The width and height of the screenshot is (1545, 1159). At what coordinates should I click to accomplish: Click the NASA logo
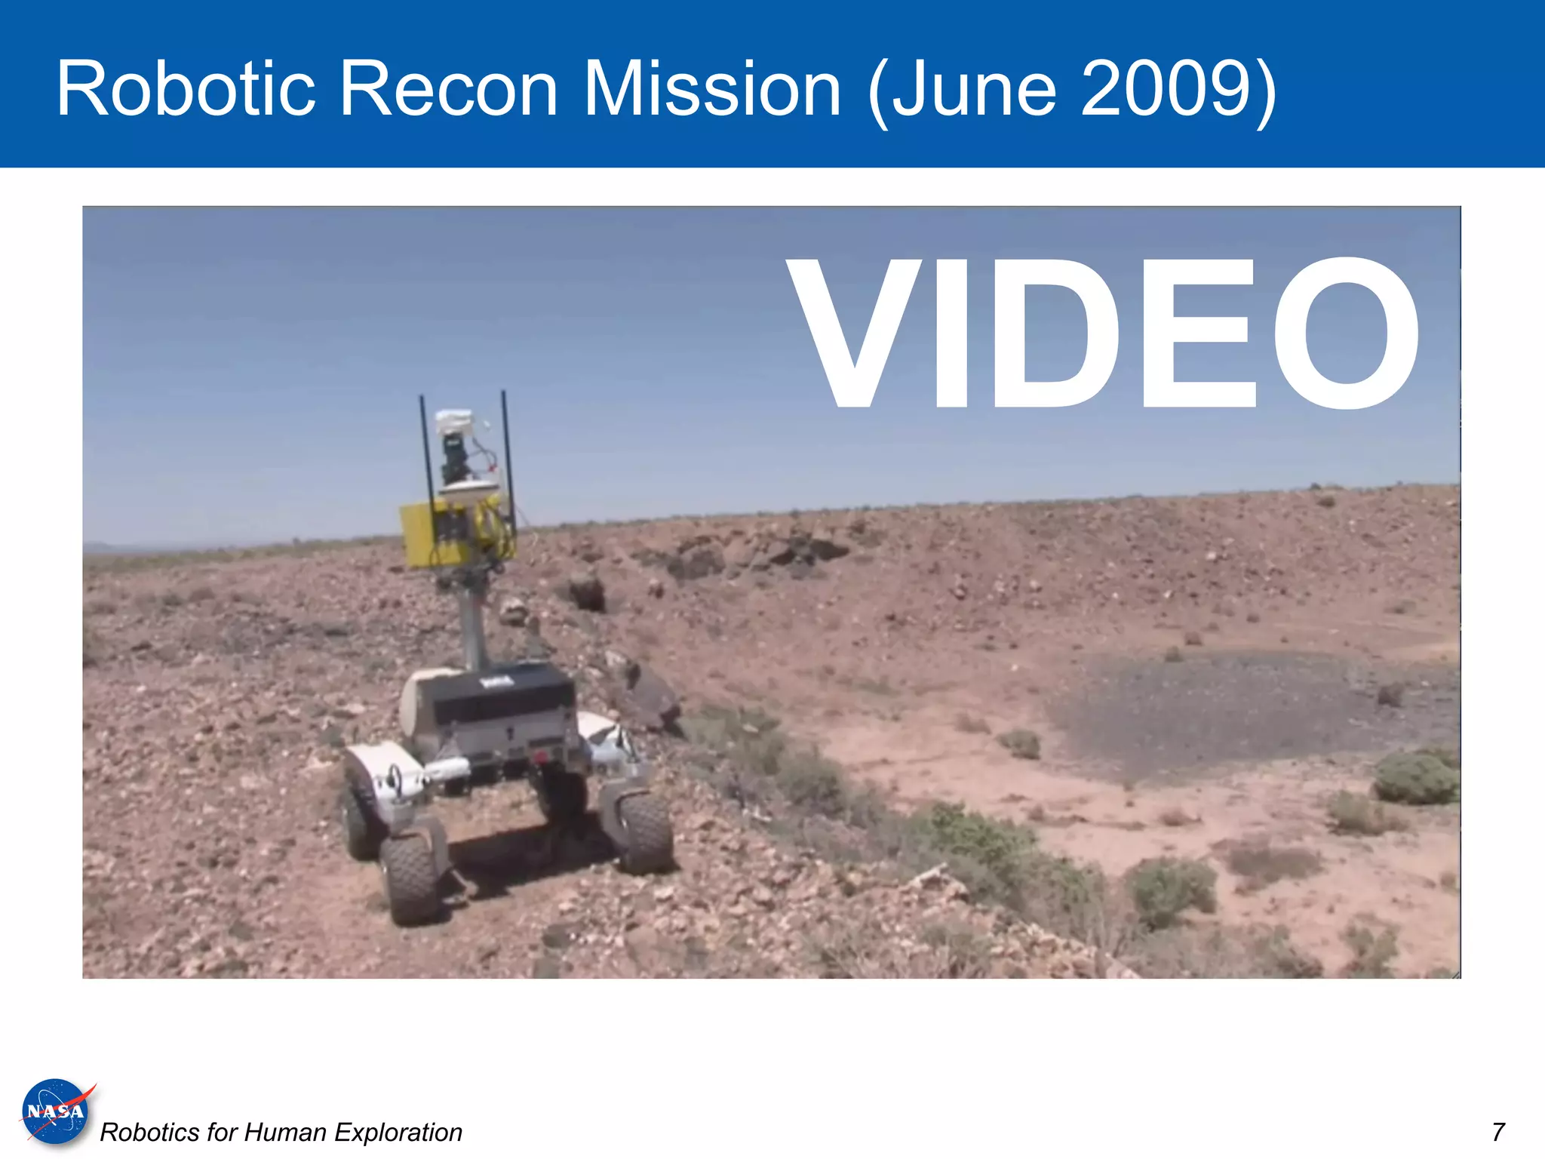56,1111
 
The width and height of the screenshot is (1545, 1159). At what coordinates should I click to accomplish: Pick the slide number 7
1498,1132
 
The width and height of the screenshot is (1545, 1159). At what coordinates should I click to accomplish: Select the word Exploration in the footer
398,1133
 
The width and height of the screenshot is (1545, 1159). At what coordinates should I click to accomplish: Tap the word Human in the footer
286,1133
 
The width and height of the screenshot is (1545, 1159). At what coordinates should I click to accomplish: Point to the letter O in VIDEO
1346,332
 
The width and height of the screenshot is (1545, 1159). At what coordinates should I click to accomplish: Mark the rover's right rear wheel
645,830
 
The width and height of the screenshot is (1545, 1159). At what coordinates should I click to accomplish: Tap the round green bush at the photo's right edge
1414,777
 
